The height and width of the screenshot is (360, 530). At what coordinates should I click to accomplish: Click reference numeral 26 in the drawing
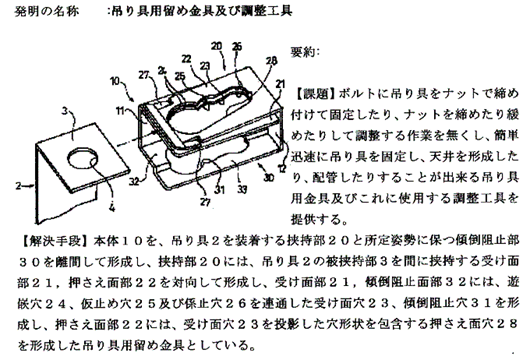click(x=237, y=46)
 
